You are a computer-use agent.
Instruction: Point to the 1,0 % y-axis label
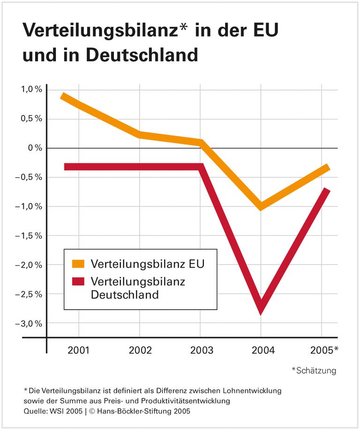[31, 89]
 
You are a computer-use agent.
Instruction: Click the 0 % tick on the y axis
[34, 148]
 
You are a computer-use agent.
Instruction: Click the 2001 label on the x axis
[79, 350]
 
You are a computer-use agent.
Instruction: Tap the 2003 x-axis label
[200, 350]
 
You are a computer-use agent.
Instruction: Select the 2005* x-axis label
[323, 350]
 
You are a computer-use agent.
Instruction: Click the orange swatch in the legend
[78, 264]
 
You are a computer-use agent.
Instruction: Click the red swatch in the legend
[78, 281]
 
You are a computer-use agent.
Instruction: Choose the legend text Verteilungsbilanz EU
[148, 264]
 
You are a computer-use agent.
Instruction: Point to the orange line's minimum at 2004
[261, 206]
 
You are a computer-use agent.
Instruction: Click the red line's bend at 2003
[201, 167]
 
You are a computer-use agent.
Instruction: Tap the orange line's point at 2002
[140, 135]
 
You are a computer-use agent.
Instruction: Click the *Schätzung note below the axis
[314, 370]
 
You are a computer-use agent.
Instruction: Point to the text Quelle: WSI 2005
[52, 411]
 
